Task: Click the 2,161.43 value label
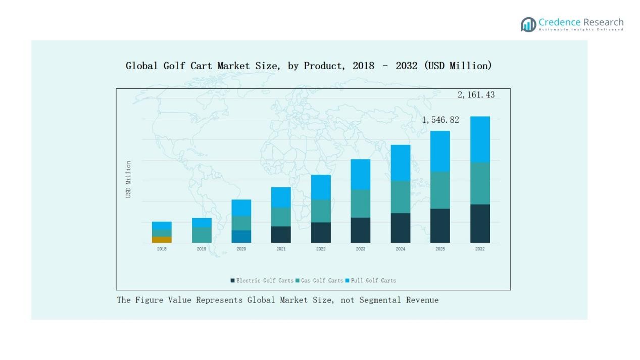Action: click(476, 95)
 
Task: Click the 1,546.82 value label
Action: click(440, 120)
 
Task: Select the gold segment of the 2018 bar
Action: click(162, 240)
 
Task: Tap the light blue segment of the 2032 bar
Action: click(480, 139)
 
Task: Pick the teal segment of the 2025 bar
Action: click(440, 190)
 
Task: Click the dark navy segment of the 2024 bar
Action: click(400, 228)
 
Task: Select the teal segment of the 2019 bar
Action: click(202, 235)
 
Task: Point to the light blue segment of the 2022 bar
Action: click(321, 187)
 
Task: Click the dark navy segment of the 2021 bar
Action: click(281, 234)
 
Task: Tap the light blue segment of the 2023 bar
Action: click(360, 174)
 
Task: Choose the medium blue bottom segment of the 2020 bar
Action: click(241, 236)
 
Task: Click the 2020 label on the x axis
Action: click(241, 249)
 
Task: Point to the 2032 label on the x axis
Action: click(480, 249)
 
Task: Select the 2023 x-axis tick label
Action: click(360, 249)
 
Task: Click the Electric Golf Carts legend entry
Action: click(262, 281)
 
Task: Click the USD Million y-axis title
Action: click(128, 179)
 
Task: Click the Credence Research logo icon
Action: click(528, 24)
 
